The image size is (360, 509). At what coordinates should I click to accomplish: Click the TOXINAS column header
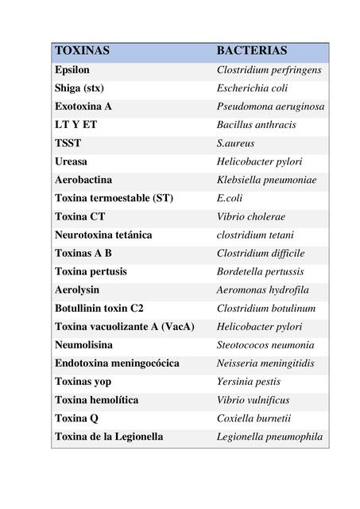pos(82,51)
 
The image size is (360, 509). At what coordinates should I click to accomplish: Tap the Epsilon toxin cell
pos(72,70)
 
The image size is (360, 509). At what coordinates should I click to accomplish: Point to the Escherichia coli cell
pos(252,88)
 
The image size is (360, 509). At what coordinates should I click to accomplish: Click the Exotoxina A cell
pos(83,107)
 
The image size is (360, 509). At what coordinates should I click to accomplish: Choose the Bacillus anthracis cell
pos(256,125)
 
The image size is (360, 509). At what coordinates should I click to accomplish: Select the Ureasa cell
pos(72,161)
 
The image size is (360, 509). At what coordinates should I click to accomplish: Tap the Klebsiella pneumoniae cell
pos(266,180)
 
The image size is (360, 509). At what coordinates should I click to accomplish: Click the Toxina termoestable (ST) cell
pos(114,198)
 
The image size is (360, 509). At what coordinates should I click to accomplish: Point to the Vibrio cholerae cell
pos(251,216)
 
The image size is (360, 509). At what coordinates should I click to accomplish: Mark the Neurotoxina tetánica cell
pos(103,235)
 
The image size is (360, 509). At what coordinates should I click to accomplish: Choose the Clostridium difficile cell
pos(261,253)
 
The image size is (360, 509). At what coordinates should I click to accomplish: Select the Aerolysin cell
pos(76,289)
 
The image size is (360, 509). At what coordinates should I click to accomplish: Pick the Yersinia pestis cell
pos(248,382)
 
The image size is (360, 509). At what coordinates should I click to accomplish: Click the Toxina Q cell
pos(75,418)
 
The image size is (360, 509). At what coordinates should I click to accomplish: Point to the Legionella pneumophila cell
pos(269,437)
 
